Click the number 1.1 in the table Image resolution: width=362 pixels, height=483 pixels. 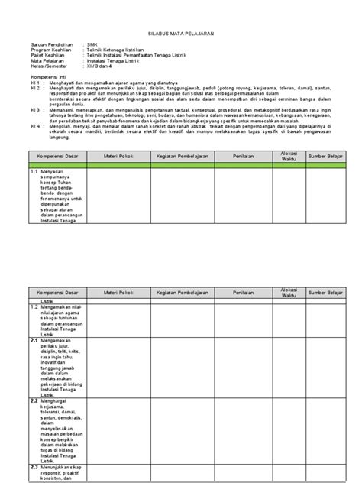click(34, 173)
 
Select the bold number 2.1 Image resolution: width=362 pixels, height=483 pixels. click(34, 340)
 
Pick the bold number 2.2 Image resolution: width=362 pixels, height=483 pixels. click(34, 400)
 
